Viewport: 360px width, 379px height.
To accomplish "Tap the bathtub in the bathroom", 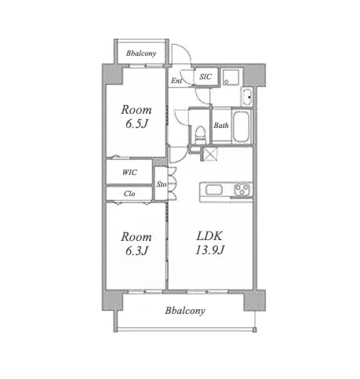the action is click(x=242, y=127).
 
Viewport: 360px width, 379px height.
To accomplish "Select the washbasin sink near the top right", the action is click(x=247, y=97).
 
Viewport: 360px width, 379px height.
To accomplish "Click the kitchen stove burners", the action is click(x=242, y=189).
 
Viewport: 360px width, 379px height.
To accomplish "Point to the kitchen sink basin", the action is click(x=214, y=189).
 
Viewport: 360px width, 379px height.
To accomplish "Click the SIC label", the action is click(x=205, y=77).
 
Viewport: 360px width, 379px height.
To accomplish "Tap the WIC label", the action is click(x=129, y=173).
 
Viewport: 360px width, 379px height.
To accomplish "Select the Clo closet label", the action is click(x=129, y=194).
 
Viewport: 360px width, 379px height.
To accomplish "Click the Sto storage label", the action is click(x=162, y=184).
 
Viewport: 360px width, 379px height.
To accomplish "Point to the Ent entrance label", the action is click(x=176, y=81).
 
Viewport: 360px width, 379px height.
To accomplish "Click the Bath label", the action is click(x=221, y=126).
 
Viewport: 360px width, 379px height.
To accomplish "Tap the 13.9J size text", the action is click(x=209, y=250).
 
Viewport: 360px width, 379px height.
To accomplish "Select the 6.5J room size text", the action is click(x=136, y=124).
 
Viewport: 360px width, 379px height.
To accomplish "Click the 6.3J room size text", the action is click(x=136, y=250).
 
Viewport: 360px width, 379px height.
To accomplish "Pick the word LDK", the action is click(x=209, y=236).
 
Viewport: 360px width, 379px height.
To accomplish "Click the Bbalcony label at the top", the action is click(x=141, y=53).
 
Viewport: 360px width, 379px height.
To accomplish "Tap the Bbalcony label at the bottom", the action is click(x=185, y=311).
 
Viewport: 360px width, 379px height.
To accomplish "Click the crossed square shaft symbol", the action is click(x=210, y=154).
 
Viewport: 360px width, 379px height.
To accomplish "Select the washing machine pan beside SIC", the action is click(x=231, y=77).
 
